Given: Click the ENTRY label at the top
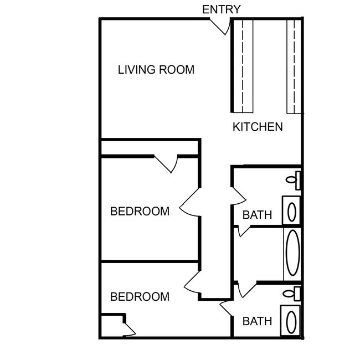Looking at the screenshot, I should pyautogui.click(x=222, y=9).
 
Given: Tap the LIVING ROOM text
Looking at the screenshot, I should pyautogui.click(x=156, y=70).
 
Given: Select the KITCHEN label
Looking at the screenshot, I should pyautogui.click(x=258, y=127).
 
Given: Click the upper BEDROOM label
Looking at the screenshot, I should pyautogui.click(x=140, y=211).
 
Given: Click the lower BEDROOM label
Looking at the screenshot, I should pyautogui.click(x=140, y=297).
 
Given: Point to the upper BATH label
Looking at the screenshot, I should pyautogui.click(x=258, y=215).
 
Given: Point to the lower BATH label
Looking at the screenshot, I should pyautogui.click(x=258, y=321).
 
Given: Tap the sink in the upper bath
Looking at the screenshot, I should pyautogui.click(x=292, y=211).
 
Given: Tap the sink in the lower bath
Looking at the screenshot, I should pyautogui.click(x=292, y=320).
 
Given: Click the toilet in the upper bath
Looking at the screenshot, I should pyautogui.click(x=294, y=179).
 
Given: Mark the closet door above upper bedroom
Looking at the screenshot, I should pyautogui.click(x=167, y=163).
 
